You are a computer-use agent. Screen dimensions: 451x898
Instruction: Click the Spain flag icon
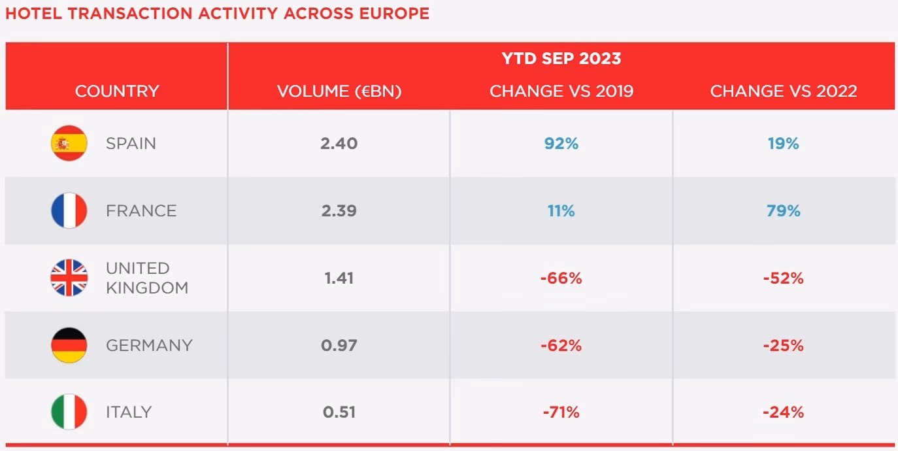pos(69,143)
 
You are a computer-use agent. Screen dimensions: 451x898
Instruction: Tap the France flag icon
pos(69,210)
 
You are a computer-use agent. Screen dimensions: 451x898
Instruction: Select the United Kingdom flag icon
pos(69,278)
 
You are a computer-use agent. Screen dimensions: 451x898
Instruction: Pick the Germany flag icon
pos(69,345)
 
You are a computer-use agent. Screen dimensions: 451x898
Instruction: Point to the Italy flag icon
pos(69,412)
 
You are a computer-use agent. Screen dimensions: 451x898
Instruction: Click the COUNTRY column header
pos(117,91)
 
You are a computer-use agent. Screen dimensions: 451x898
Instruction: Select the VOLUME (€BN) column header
pos(339,91)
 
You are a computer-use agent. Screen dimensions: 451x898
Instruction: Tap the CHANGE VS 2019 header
pos(561,91)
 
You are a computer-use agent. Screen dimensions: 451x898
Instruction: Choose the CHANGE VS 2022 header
pos(784,91)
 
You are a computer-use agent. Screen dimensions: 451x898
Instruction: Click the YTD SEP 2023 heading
pos(561,58)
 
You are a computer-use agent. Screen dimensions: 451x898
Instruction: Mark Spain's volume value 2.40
pos(339,143)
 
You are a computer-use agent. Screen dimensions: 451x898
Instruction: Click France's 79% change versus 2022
pos(784,210)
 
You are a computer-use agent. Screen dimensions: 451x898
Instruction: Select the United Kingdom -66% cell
pos(561,278)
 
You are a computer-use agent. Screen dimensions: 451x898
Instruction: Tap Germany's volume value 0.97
pos(339,345)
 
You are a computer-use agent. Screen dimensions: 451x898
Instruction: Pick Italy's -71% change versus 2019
pos(561,412)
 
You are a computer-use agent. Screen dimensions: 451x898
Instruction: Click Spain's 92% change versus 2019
pos(561,143)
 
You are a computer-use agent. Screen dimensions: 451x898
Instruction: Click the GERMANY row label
pos(149,345)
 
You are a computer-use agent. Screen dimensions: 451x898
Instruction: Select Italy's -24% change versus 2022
pos(783,412)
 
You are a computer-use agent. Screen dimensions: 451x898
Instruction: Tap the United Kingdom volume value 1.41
pos(339,278)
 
